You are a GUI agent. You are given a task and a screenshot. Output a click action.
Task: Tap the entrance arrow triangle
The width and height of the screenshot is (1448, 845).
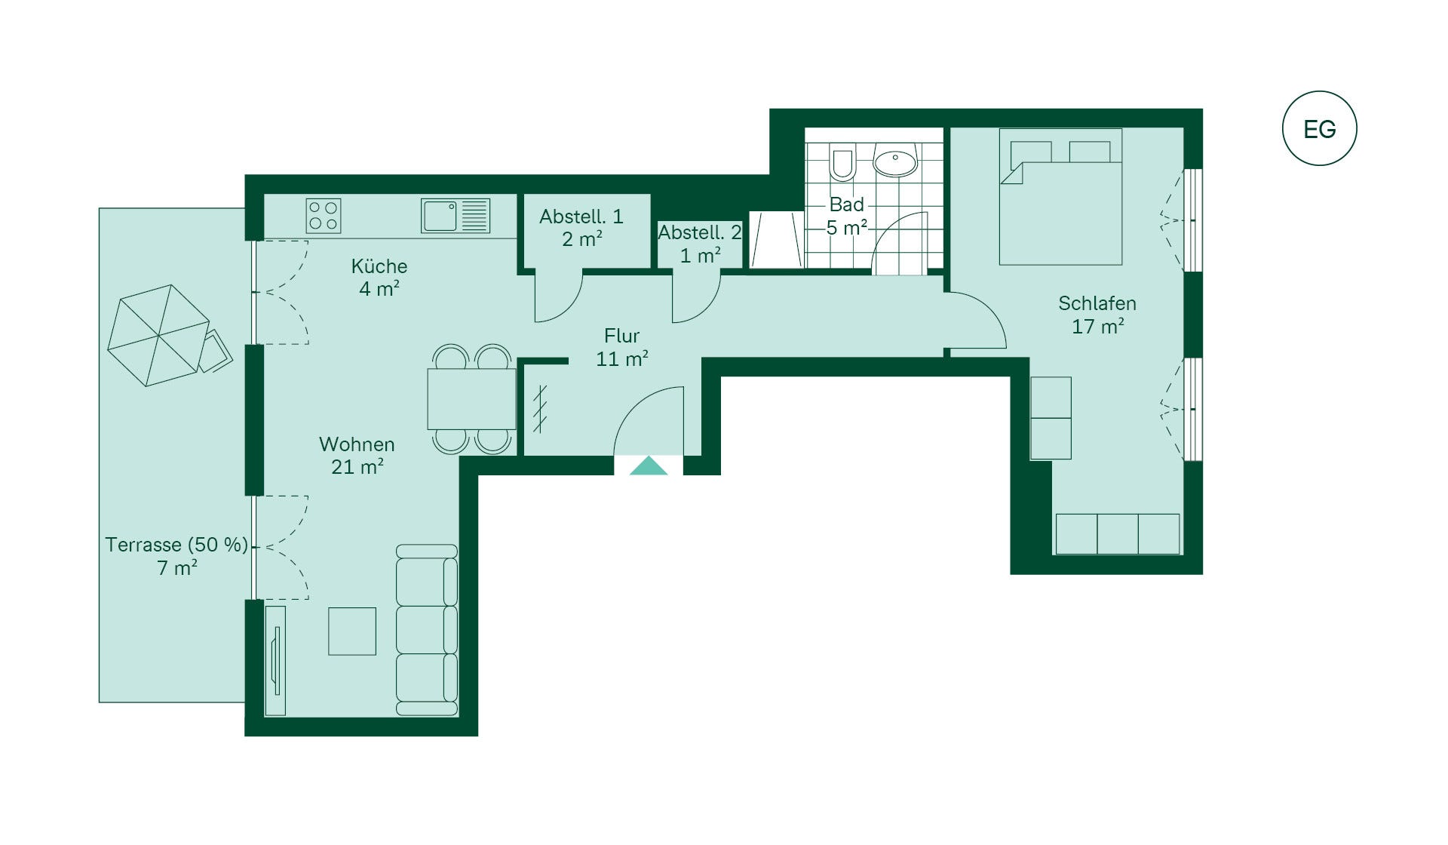pyautogui.click(x=649, y=466)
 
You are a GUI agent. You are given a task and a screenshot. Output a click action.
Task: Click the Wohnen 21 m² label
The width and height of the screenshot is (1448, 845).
pyautogui.click(x=357, y=456)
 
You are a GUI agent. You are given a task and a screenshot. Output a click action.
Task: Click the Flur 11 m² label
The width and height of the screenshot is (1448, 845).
pyautogui.click(x=621, y=347)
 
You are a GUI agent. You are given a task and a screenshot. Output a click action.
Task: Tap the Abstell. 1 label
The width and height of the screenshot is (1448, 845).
pyautogui.click(x=581, y=217)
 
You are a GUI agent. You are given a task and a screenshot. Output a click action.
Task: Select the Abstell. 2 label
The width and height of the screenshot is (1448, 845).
pyautogui.click(x=700, y=233)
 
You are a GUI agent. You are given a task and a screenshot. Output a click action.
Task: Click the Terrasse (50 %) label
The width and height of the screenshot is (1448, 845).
pyautogui.click(x=176, y=545)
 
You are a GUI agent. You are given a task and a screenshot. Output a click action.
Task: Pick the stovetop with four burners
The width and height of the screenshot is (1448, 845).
pyautogui.click(x=324, y=215)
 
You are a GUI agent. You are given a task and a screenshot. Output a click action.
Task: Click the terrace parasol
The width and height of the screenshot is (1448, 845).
pyautogui.click(x=158, y=336)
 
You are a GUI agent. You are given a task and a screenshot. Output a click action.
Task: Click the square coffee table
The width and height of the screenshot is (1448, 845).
pyautogui.click(x=352, y=631)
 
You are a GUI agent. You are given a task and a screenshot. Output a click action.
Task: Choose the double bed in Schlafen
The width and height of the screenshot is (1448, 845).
pyautogui.click(x=1061, y=197)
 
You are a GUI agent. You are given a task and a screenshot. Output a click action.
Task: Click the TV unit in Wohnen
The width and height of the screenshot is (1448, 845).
pyautogui.click(x=275, y=660)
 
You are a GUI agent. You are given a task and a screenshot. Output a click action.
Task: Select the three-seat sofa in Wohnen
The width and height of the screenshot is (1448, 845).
pyautogui.click(x=427, y=630)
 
